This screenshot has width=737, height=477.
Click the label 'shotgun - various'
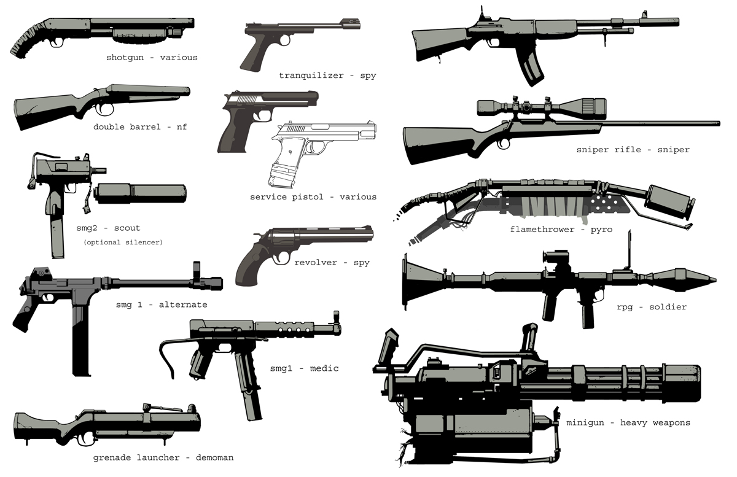tap(152, 58)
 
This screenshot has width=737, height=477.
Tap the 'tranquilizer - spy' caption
tap(327, 76)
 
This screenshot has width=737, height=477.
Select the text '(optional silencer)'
tap(123, 242)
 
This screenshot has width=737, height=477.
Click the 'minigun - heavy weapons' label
tap(628, 422)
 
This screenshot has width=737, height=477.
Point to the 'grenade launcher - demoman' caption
tap(163, 457)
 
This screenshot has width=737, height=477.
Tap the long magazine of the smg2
tap(57, 227)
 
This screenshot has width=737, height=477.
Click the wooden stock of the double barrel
tap(43, 111)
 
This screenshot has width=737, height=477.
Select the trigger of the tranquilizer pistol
tap(271, 44)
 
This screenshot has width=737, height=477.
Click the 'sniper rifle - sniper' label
tap(633, 150)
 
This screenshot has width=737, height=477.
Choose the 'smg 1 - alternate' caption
tap(162, 304)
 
